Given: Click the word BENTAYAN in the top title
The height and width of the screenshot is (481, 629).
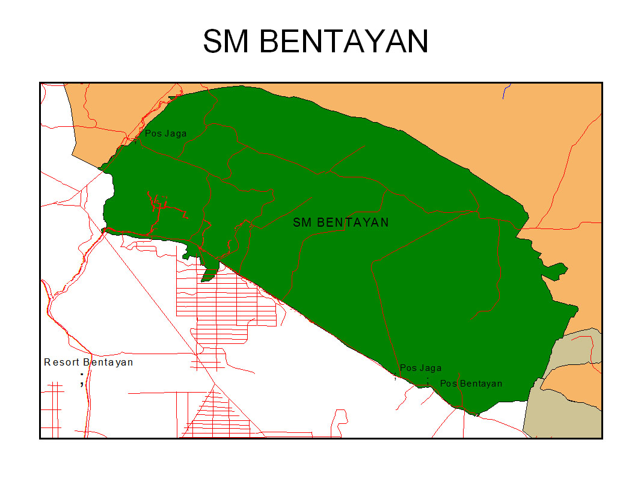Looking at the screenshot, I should coord(345,41).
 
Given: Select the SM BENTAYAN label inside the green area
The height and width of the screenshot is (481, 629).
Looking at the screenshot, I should coord(341,222).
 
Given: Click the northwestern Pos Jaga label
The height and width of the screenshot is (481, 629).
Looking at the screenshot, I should coord(165,133).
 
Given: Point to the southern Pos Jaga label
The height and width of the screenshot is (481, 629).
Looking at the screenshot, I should coord(420,368).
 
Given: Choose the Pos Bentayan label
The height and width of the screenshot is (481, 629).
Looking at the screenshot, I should coord(471,384).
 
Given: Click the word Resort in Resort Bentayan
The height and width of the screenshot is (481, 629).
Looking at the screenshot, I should coord(62,363).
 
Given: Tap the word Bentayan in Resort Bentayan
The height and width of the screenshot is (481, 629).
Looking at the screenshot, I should coord(108,363).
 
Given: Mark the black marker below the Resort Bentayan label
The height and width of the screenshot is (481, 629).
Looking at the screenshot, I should coord(82,379).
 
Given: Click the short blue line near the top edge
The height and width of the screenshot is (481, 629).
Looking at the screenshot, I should coord(506,91).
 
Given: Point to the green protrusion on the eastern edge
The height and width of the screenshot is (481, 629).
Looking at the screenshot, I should coord(556,270).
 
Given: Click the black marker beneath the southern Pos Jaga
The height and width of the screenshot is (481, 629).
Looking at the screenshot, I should coord(395,378).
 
